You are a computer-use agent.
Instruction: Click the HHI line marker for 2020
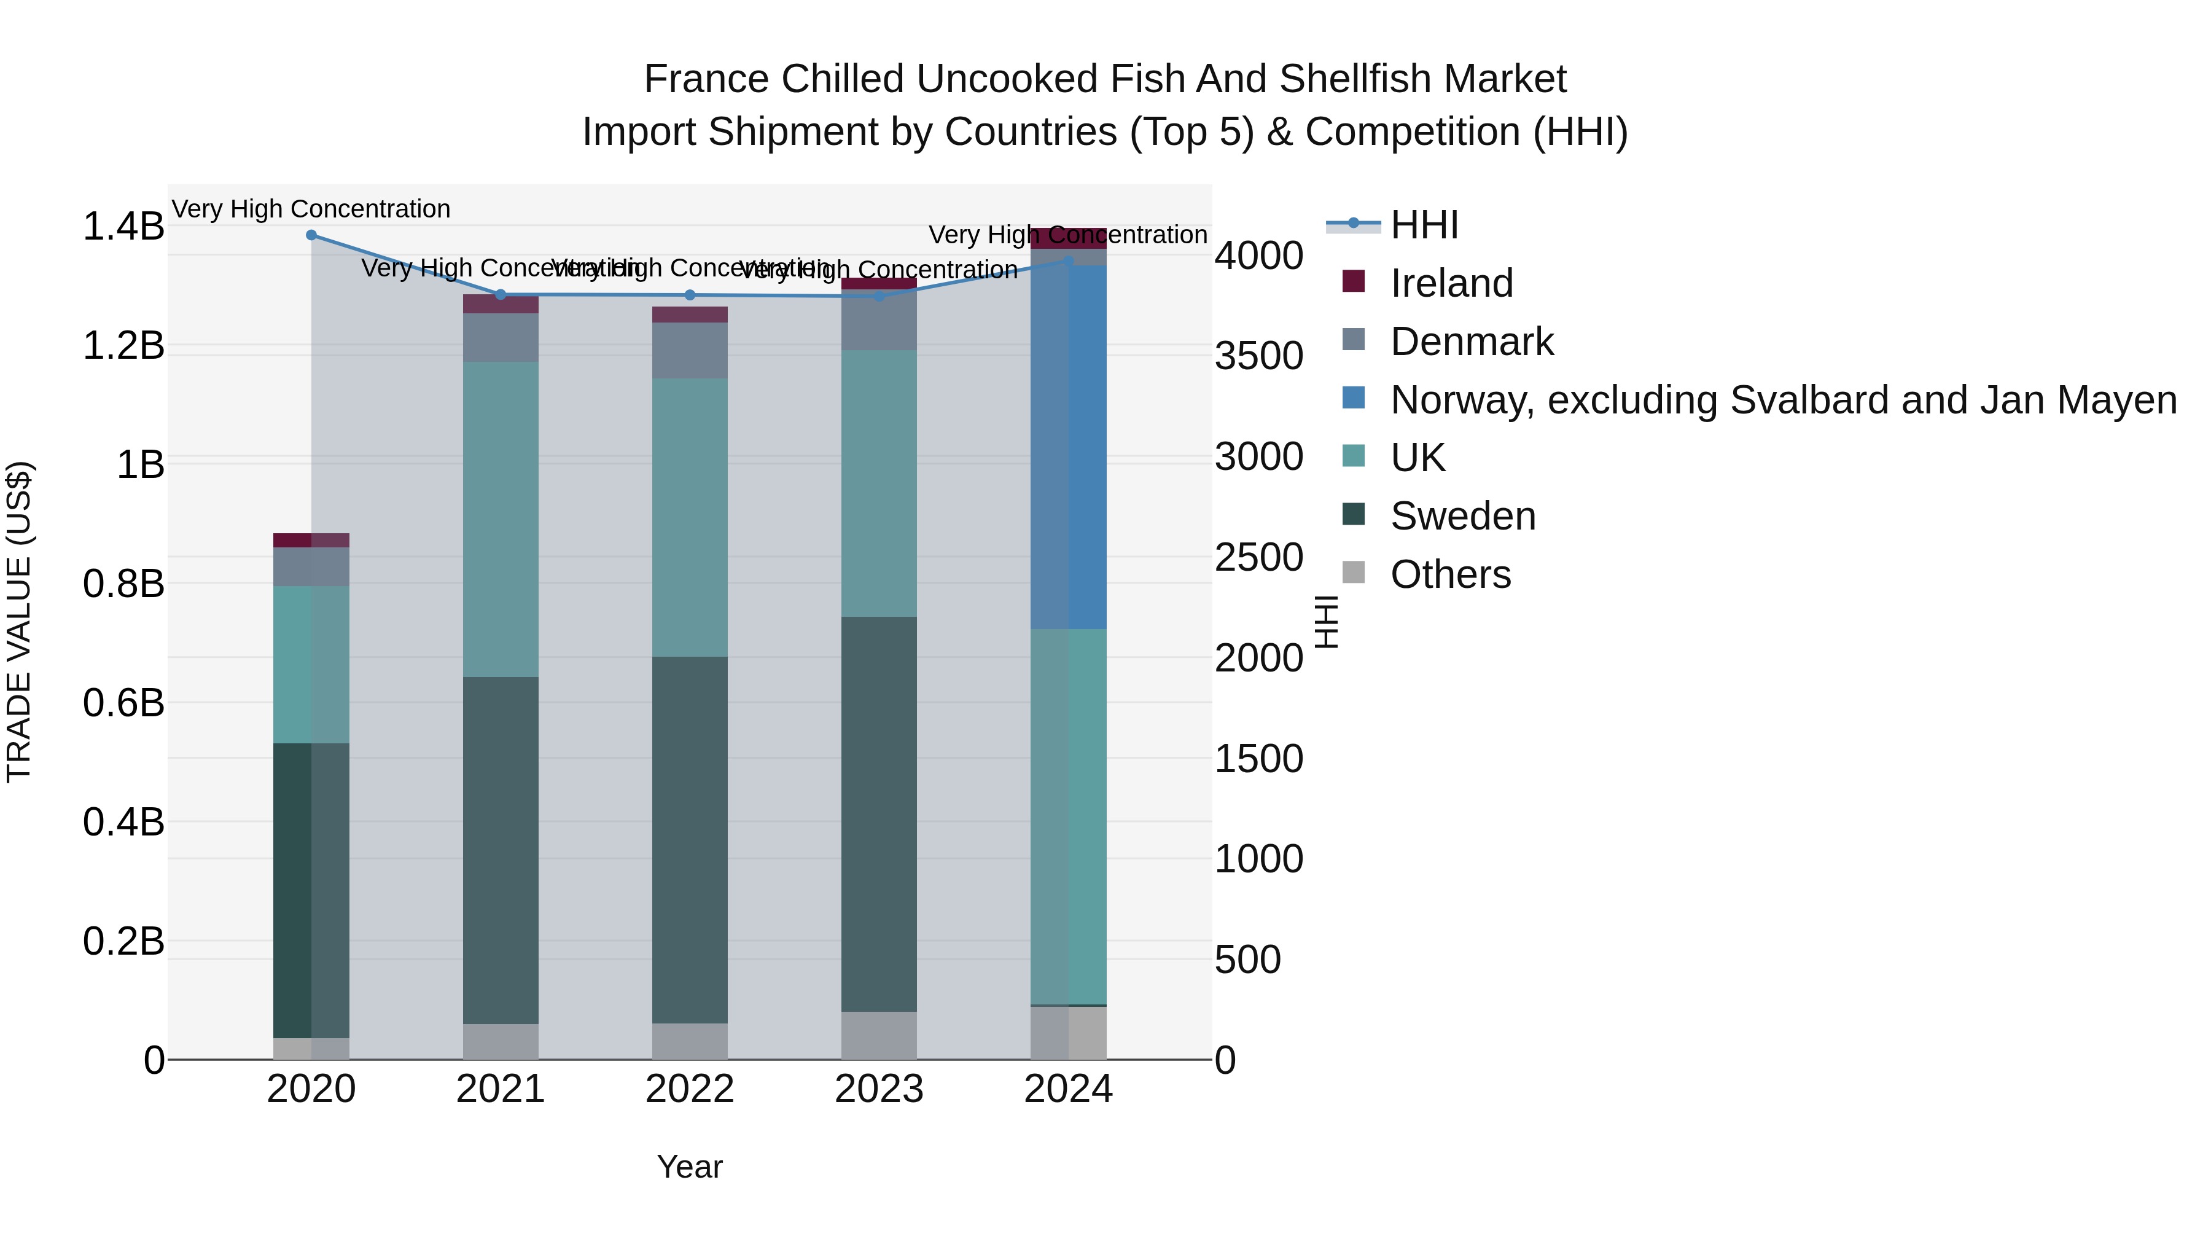click(311, 235)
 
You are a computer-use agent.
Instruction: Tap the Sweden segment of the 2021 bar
click(501, 850)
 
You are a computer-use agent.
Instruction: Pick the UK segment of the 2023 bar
click(879, 483)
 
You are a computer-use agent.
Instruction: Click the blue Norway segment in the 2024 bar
click(1069, 447)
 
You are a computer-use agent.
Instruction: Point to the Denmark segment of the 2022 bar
click(690, 350)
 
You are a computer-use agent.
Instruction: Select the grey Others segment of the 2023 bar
click(879, 1035)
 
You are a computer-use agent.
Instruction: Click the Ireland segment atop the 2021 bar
click(501, 304)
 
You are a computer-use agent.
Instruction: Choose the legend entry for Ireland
click(1451, 283)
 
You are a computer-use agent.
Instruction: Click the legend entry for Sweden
click(1462, 516)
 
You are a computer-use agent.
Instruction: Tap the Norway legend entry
click(1782, 400)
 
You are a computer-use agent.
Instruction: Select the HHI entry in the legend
click(1423, 225)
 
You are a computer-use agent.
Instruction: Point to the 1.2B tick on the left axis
click(123, 346)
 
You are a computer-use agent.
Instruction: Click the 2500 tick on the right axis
click(1258, 558)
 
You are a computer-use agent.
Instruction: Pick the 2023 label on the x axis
click(879, 1089)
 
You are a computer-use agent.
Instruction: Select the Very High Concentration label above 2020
click(311, 209)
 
